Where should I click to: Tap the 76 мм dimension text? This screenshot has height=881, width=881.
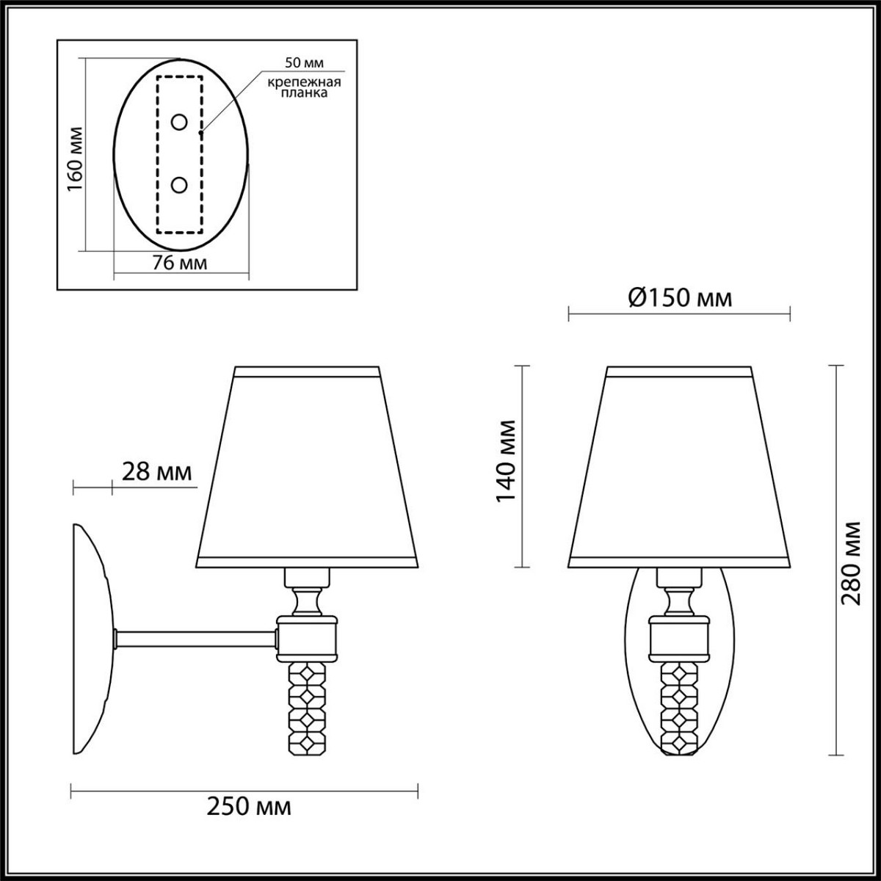coord(179,263)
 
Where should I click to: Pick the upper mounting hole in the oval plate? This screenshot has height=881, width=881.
coord(178,123)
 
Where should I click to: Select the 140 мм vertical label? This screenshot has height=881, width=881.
coord(506,461)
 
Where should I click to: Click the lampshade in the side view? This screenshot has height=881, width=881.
coord(308,470)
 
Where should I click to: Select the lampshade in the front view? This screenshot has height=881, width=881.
coord(679,470)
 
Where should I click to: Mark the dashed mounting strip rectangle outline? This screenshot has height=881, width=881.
coord(157,154)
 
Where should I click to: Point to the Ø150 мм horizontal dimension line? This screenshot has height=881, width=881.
coord(679,316)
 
